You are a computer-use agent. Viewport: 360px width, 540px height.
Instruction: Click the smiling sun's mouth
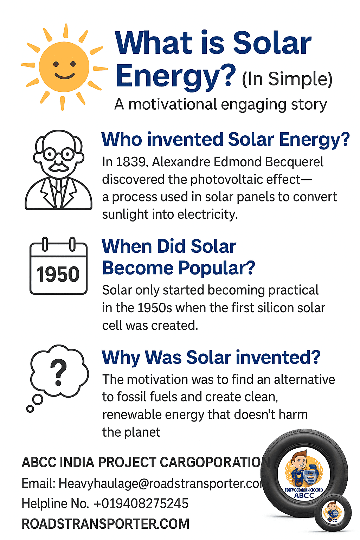point(64,76)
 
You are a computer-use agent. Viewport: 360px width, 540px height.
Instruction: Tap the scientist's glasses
point(59,154)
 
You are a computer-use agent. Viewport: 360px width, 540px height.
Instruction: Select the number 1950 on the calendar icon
point(58,275)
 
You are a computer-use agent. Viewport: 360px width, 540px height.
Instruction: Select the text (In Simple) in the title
point(287,79)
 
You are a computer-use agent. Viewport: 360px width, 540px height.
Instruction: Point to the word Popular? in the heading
point(217,268)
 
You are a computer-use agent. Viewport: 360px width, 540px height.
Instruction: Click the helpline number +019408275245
point(141,503)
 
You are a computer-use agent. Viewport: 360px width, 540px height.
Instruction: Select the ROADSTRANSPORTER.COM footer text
point(105,524)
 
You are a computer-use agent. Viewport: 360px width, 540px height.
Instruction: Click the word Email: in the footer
point(38,483)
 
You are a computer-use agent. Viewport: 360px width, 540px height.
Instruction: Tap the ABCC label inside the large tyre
point(304,495)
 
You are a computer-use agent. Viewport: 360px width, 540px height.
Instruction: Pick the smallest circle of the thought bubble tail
point(30,409)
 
